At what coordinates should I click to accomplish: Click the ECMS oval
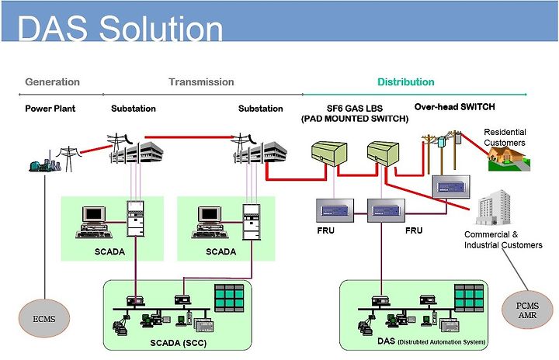pos(44,318)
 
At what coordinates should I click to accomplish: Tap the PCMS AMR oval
pos(527,310)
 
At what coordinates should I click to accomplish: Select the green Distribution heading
pos(406,82)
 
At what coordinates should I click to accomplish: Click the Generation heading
pos(53,82)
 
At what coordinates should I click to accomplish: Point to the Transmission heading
pos(201,82)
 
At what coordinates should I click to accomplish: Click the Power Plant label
pos(50,109)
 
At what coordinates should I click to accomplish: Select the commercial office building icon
pos(494,207)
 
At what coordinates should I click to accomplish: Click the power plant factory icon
pos(44,163)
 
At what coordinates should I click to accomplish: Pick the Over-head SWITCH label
pos(454,107)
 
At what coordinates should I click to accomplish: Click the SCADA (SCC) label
pos(179,343)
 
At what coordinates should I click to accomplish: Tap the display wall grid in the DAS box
pos(469,299)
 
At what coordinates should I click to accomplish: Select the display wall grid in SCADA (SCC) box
pos(229,299)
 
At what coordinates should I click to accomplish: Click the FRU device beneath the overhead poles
pos(451,187)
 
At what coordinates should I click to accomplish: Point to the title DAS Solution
pos(120,28)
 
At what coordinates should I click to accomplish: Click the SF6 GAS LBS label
pos(355,109)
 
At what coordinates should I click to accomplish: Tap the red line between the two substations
pos(189,137)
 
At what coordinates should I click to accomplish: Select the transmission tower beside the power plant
pos(68,158)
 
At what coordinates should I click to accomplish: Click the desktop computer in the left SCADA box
pos(94,222)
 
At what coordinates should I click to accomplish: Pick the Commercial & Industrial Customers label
pos(503,240)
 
